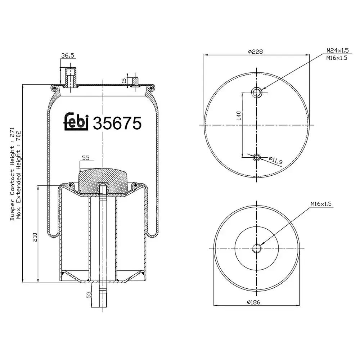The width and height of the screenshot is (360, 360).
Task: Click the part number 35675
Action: [x=117, y=123]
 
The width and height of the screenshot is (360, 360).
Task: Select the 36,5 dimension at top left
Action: [x=68, y=55]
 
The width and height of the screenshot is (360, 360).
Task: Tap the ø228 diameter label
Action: [x=255, y=51]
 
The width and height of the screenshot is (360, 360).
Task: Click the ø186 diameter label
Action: [x=254, y=302]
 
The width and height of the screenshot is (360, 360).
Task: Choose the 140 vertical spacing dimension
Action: [x=238, y=116]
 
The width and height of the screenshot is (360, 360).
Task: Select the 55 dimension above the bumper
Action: [x=86, y=157]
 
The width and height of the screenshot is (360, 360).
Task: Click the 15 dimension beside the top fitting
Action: [x=124, y=81]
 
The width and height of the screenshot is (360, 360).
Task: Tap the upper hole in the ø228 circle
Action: [x=257, y=93]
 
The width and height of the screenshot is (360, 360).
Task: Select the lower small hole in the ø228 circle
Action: [x=257, y=157]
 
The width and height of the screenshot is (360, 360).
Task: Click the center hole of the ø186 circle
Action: [x=257, y=248]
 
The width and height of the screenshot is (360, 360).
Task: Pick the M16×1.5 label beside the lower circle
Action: [x=321, y=204]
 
